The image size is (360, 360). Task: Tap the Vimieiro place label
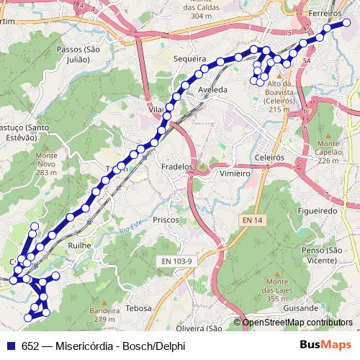click(235, 174)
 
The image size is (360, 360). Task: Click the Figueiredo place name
click(318, 211)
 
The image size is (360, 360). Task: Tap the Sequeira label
click(190, 58)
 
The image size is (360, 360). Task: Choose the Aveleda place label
click(212, 89)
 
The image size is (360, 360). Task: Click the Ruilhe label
click(79, 246)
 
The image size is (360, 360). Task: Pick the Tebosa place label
click(138, 307)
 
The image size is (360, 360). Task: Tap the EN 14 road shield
click(252, 219)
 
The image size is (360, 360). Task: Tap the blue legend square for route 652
click(11, 346)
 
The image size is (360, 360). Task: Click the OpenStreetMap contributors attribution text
click(297, 323)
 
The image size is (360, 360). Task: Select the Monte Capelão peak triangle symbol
click(328, 135)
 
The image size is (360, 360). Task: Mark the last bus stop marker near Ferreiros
click(346, 23)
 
